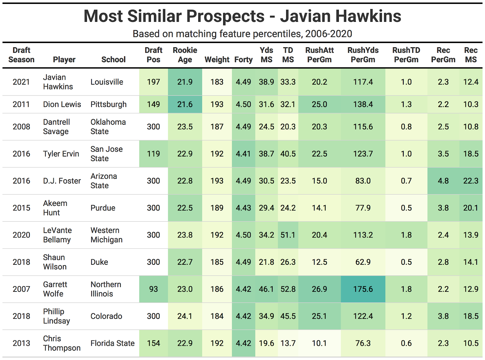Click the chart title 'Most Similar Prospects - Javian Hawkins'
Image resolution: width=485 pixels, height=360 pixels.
[242, 16]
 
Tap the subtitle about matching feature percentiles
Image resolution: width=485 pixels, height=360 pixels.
[242, 34]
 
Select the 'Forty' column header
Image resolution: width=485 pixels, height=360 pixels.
[243, 59]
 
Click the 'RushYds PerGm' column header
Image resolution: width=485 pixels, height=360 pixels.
[363, 55]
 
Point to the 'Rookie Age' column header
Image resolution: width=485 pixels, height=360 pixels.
[185, 55]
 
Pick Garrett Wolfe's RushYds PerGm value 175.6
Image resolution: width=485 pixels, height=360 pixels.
[363, 289]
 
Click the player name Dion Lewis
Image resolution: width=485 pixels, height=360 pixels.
[62, 104]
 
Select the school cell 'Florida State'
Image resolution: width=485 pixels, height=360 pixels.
[113, 343]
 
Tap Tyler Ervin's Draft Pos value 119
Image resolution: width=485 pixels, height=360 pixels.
[153, 154]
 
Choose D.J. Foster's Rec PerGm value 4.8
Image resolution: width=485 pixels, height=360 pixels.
[443, 181]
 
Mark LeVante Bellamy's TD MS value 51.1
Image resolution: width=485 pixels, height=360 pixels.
[288, 235]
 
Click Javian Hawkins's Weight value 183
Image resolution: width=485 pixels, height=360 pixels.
[217, 82]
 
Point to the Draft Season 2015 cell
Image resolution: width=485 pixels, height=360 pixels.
[21, 208]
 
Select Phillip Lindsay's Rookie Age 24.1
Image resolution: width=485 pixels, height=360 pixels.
[185, 316]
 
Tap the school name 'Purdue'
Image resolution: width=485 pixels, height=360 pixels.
[103, 208]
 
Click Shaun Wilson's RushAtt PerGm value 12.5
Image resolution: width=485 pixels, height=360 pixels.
[319, 262]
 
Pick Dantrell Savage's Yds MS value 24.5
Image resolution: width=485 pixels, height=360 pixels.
[266, 127]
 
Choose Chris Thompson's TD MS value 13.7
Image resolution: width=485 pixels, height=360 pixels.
[288, 343]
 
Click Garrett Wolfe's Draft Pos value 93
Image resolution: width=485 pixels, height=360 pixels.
[153, 289]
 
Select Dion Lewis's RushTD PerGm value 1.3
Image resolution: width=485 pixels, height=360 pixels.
[406, 104]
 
